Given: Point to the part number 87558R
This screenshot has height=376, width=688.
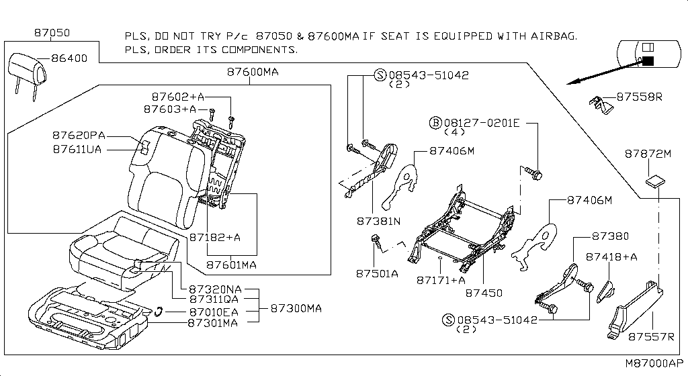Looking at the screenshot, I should point(639,97).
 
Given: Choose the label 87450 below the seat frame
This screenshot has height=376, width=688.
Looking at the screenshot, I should point(484,293).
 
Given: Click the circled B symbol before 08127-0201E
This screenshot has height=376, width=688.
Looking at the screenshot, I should point(435,123).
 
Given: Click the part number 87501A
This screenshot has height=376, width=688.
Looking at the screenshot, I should point(377,273).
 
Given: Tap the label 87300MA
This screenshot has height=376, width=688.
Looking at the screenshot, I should point(296,308).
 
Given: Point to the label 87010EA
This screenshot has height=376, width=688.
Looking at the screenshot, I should point(214,312).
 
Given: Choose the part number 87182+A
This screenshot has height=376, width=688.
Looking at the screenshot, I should point(214,237).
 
